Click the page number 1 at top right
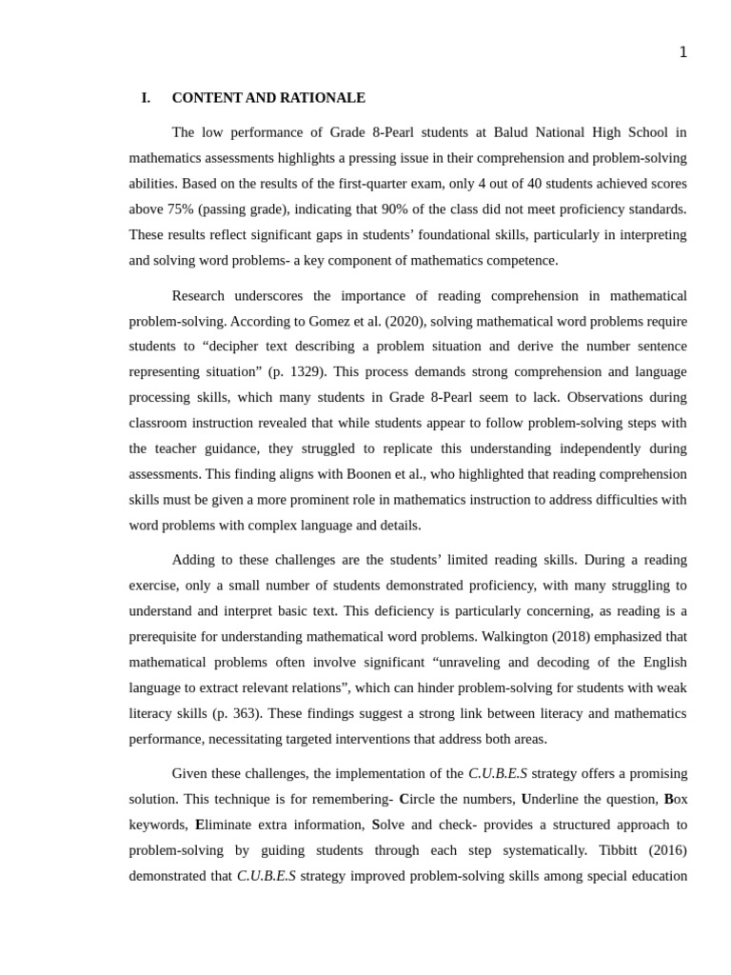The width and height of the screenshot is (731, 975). click(682, 52)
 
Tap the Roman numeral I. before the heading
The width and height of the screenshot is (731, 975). click(146, 98)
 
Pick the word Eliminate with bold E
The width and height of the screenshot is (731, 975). click(226, 826)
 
